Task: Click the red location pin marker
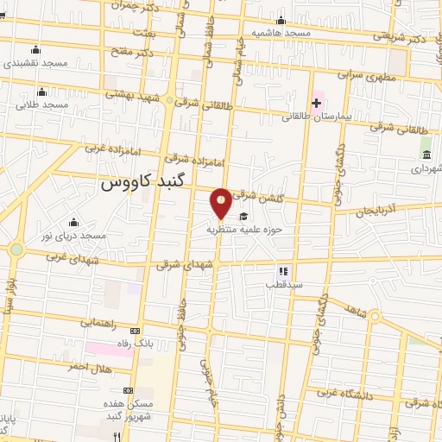pyautogui.click(x=222, y=202)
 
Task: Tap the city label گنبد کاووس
pyautogui.click(x=141, y=183)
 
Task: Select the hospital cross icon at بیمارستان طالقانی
pyautogui.click(x=316, y=104)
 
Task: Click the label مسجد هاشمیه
pyautogui.click(x=281, y=33)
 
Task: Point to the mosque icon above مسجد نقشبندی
pyautogui.click(x=35, y=49)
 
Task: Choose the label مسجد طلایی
pyautogui.click(x=41, y=104)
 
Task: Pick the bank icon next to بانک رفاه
pyautogui.click(x=134, y=331)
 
